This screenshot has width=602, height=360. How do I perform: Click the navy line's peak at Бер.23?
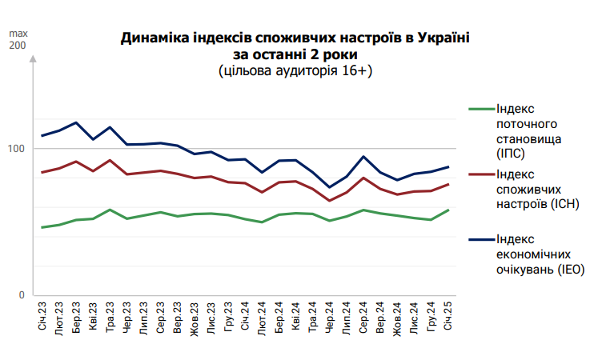pyautogui.click(x=76, y=123)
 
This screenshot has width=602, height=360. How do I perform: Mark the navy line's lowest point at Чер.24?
pyautogui.click(x=330, y=187)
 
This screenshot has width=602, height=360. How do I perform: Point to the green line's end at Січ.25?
pyautogui.click(x=447, y=210)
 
